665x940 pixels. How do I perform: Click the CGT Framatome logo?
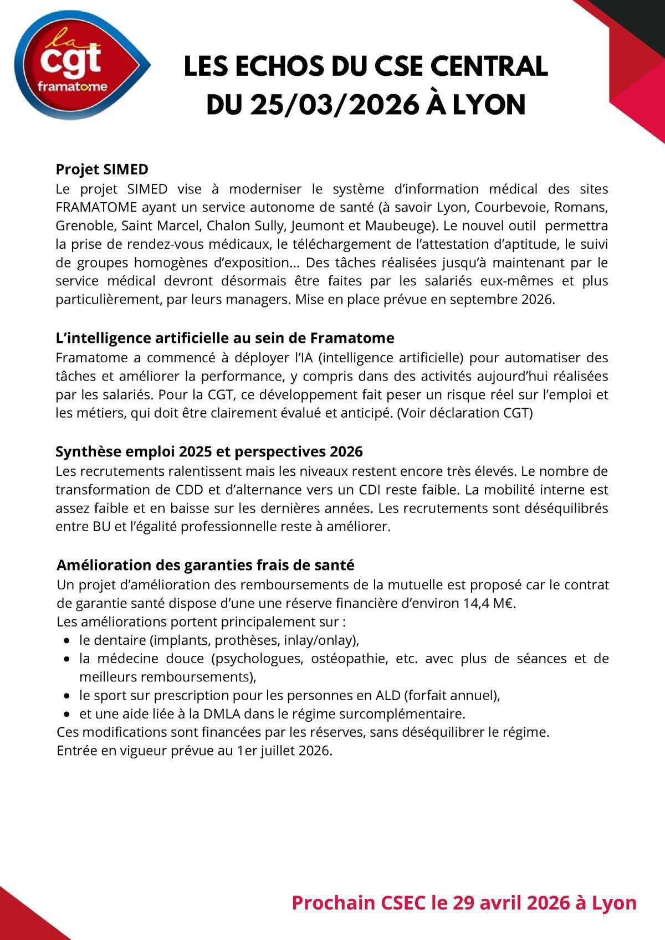78,66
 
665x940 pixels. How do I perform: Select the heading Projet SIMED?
102,169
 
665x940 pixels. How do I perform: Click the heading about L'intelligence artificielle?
225,338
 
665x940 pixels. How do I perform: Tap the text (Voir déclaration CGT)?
464,413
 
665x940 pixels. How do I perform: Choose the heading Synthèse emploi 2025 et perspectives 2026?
209,451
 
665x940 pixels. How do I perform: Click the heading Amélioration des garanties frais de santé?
206,565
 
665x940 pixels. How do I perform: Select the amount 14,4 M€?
489,603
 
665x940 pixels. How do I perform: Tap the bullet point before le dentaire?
67,641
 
